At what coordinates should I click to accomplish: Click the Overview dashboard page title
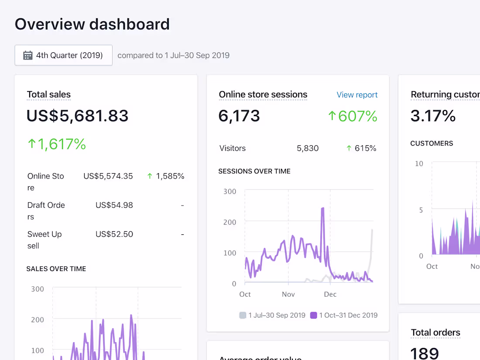[x=92, y=24]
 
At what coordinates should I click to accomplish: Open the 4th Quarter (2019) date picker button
[x=64, y=55]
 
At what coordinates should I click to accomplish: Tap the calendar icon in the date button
[x=28, y=55]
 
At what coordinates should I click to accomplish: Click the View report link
[x=357, y=95]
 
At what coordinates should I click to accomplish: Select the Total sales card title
[x=49, y=95]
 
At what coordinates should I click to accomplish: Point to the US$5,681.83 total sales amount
[x=78, y=116]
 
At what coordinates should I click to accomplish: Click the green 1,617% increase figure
[x=57, y=144]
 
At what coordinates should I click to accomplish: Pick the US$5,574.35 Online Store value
[x=108, y=176]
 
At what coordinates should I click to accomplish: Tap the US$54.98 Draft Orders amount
[x=114, y=205]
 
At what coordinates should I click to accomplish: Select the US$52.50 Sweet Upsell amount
[x=114, y=234]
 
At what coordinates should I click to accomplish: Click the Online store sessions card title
[x=263, y=95]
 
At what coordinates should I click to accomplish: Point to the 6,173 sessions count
[x=239, y=116]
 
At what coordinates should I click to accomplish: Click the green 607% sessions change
[x=353, y=116]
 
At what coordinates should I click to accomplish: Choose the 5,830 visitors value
[x=308, y=148]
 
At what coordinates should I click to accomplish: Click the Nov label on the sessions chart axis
[x=288, y=294]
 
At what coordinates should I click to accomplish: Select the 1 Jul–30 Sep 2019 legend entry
[x=272, y=315]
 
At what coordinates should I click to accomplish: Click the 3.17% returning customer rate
[x=433, y=116]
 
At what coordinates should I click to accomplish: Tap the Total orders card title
[x=435, y=333]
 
